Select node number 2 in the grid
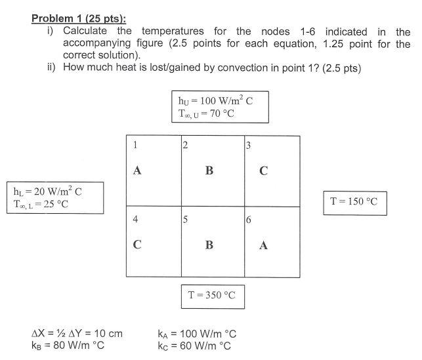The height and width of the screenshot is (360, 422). click(x=186, y=145)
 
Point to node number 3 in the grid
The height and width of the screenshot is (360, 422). click(x=248, y=145)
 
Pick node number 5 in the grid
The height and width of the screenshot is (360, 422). click(x=186, y=220)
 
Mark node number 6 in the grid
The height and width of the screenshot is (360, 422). click(x=248, y=220)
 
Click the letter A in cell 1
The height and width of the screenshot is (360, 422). click(x=137, y=170)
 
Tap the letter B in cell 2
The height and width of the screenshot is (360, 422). click(x=209, y=170)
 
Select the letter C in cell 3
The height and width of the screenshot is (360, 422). click(x=263, y=171)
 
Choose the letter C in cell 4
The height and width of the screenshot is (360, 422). click(x=137, y=245)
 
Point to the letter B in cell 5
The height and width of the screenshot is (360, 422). click(x=209, y=245)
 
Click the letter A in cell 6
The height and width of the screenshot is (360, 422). click(x=263, y=245)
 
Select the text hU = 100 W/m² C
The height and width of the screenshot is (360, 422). click(x=214, y=101)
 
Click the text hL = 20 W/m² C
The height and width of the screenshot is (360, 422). click(x=49, y=191)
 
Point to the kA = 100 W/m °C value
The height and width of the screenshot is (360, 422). click(x=197, y=334)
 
